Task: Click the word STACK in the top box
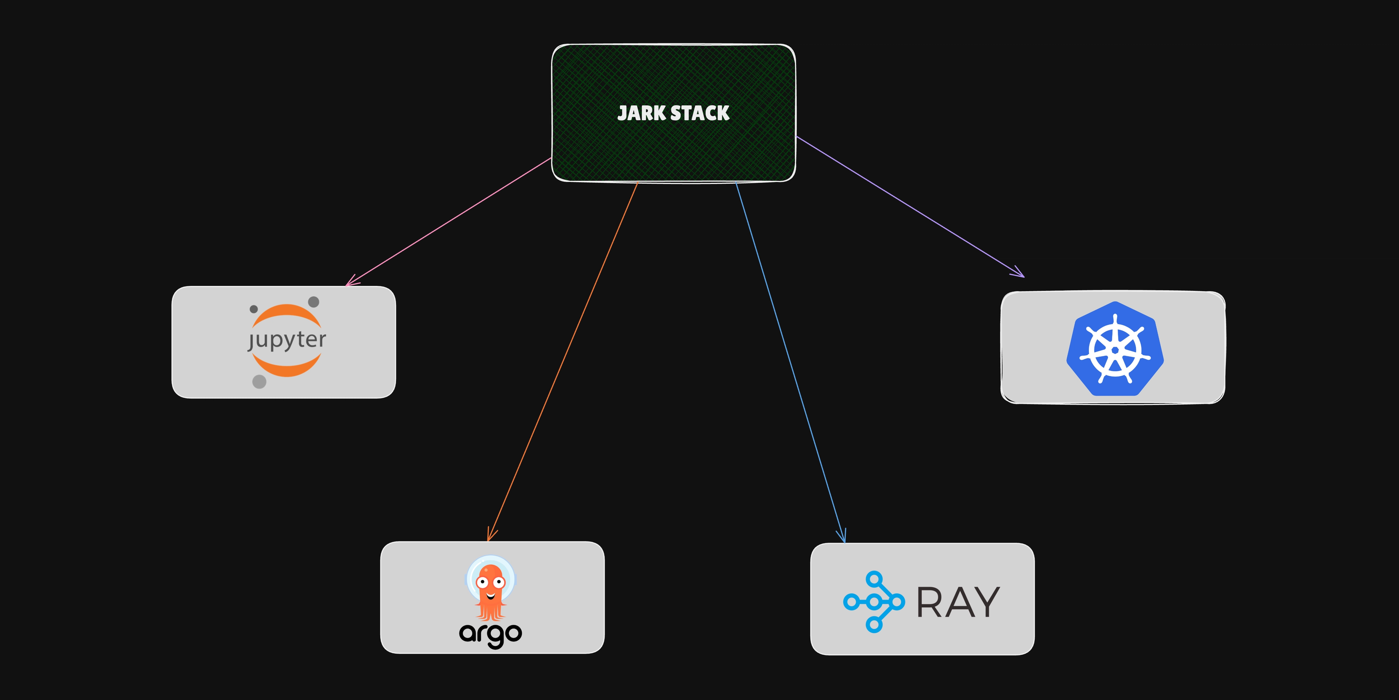tap(700, 113)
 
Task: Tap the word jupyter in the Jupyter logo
tap(287, 340)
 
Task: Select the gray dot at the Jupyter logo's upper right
tap(313, 302)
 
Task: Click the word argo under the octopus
tap(490, 634)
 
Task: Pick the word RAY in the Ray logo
tap(958, 602)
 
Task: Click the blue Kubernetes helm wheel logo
tap(1114, 349)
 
